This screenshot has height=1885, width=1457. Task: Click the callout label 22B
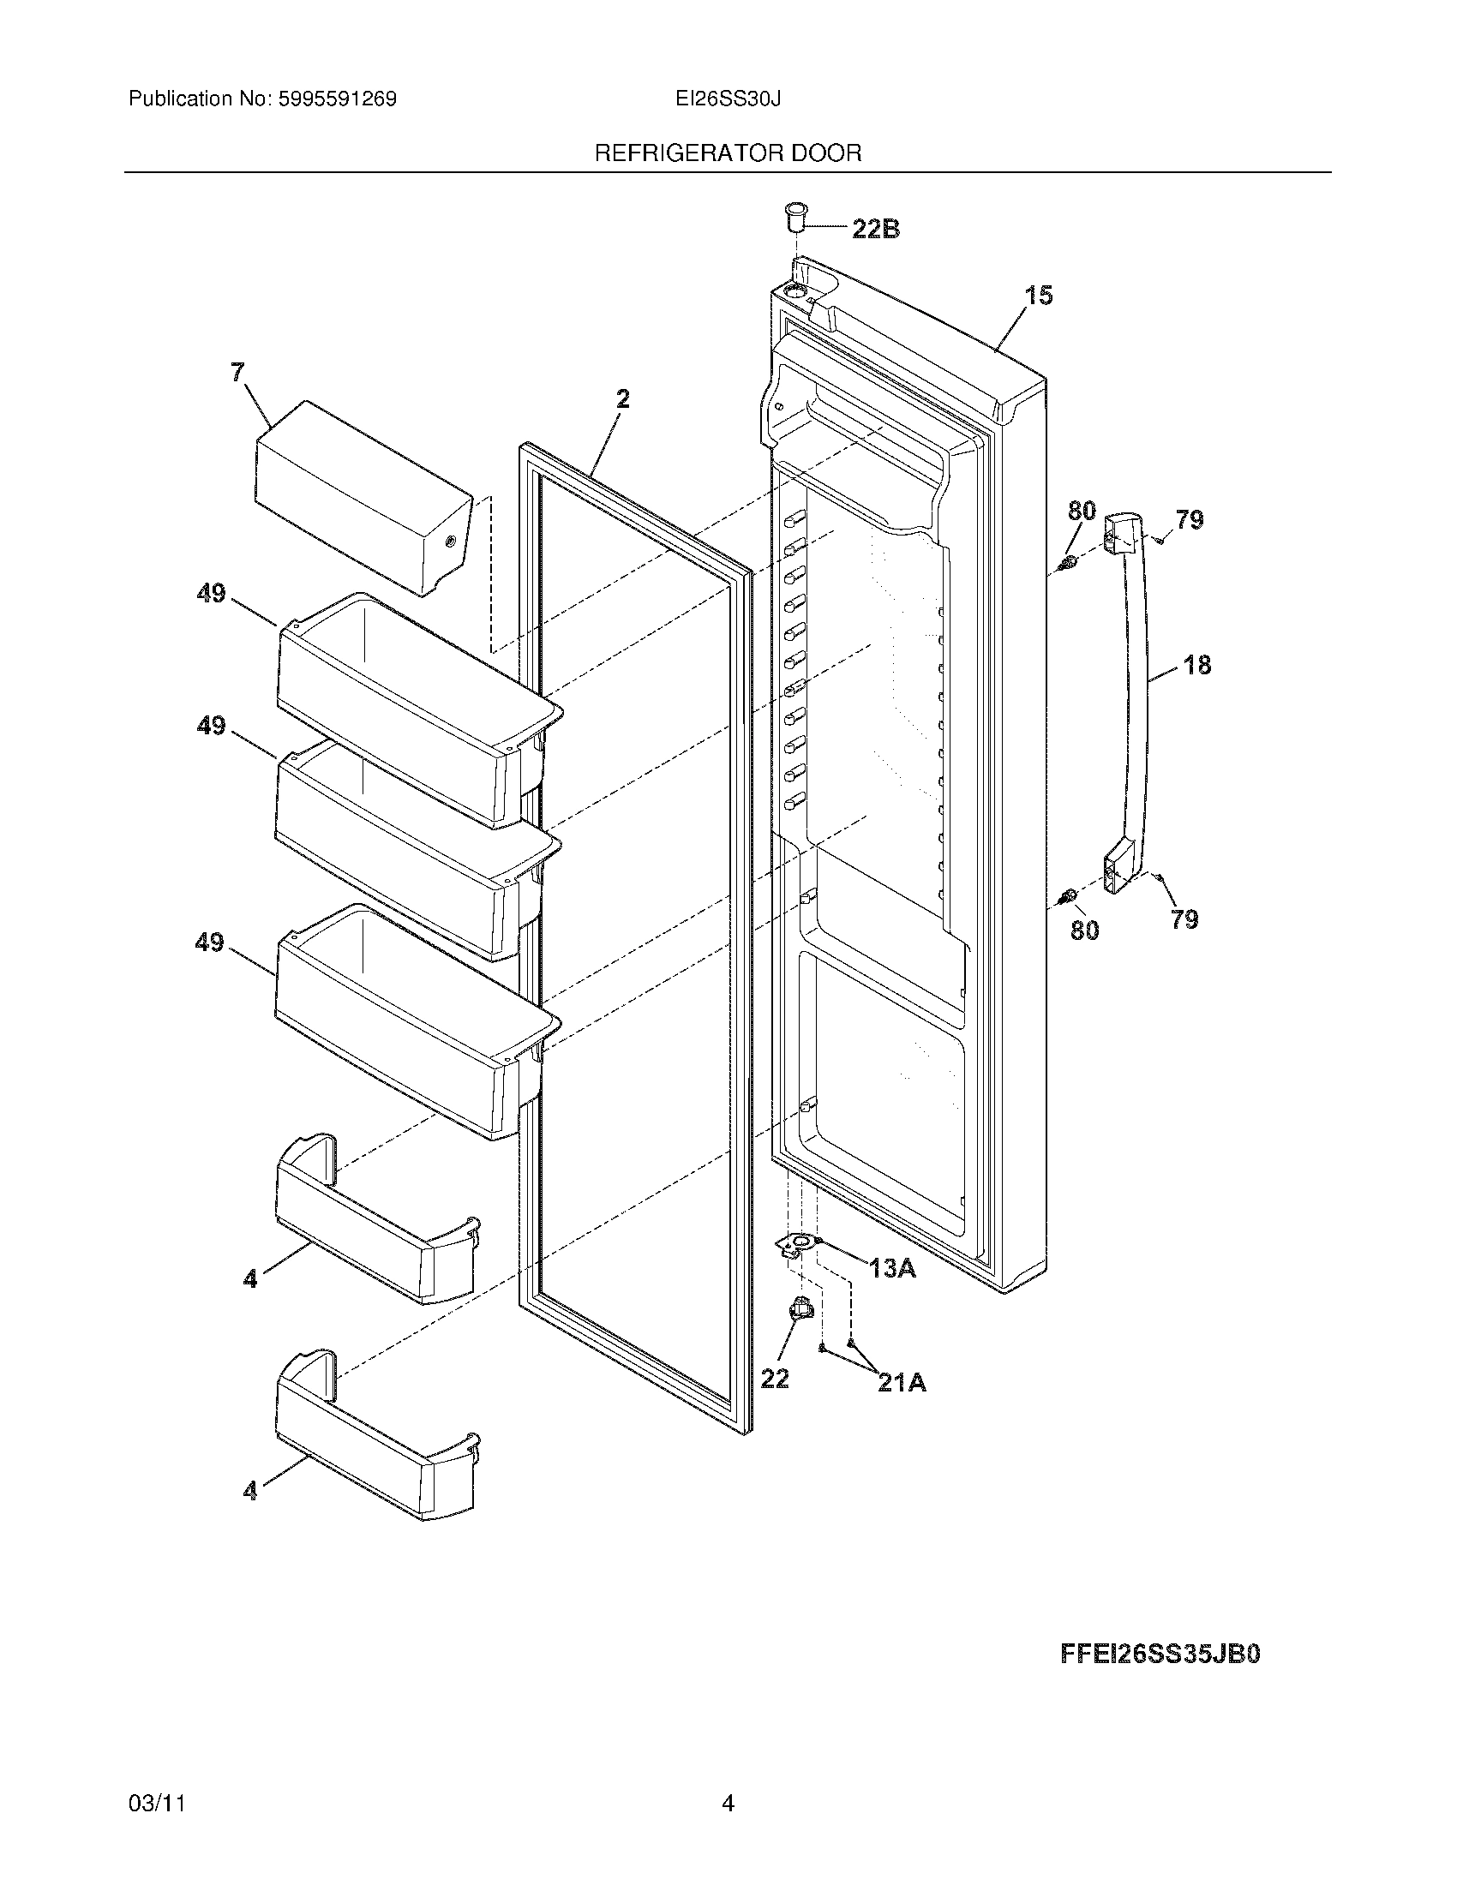pyautogui.click(x=875, y=229)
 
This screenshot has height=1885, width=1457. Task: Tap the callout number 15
pyautogui.click(x=1039, y=296)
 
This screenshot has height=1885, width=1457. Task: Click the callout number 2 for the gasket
pyautogui.click(x=622, y=398)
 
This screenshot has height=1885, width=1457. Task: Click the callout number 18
pyautogui.click(x=1197, y=665)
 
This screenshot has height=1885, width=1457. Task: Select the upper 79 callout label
pyautogui.click(x=1189, y=519)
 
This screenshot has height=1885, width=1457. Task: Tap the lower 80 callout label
pyautogui.click(x=1084, y=930)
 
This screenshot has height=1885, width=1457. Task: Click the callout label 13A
pyautogui.click(x=891, y=1268)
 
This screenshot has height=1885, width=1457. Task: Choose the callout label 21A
pyautogui.click(x=901, y=1383)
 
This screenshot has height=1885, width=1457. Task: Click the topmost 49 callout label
pyautogui.click(x=211, y=594)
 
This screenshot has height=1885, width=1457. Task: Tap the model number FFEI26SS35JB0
pyautogui.click(x=1160, y=1654)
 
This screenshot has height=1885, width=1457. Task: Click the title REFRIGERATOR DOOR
pyautogui.click(x=728, y=153)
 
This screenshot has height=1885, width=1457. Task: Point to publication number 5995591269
pyautogui.click(x=337, y=99)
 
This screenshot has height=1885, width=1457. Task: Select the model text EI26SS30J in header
pyautogui.click(x=728, y=99)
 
